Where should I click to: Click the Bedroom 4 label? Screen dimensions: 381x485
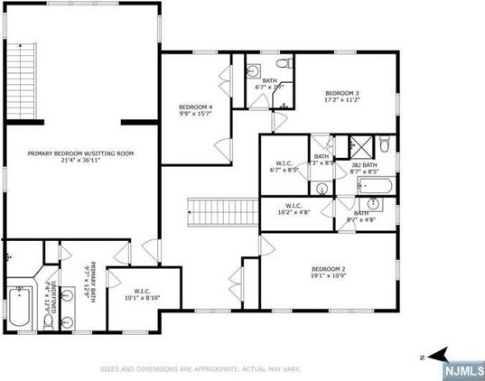(x=195, y=107)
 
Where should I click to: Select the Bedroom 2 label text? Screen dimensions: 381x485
(x=330, y=269)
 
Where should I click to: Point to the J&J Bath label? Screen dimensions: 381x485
(x=365, y=164)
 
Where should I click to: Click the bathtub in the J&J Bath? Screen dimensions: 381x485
(x=373, y=189)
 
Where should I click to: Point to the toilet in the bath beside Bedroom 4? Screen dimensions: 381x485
(x=283, y=67)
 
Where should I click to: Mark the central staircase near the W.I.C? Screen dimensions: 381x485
(x=223, y=213)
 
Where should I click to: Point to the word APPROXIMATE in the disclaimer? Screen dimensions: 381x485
(x=210, y=369)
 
